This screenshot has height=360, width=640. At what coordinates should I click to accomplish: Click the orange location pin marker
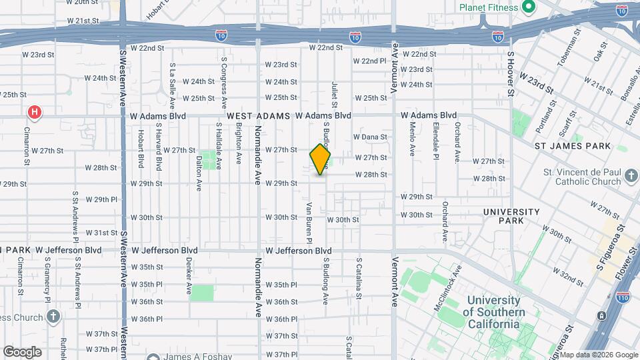click(320, 160)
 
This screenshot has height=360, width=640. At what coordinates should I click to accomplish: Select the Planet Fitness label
click(488, 7)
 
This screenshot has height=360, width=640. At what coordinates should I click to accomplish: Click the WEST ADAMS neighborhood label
click(259, 116)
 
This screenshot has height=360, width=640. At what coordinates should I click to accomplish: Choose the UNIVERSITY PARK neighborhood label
click(512, 217)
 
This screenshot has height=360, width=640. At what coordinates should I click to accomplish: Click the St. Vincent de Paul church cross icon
click(631, 177)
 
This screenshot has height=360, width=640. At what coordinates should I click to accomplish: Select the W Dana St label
click(370, 137)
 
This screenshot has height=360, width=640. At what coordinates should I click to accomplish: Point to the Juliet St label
click(334, 94)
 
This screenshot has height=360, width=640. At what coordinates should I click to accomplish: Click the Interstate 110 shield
click(623, 297)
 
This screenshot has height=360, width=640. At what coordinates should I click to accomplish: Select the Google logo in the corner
click(22, 351)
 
